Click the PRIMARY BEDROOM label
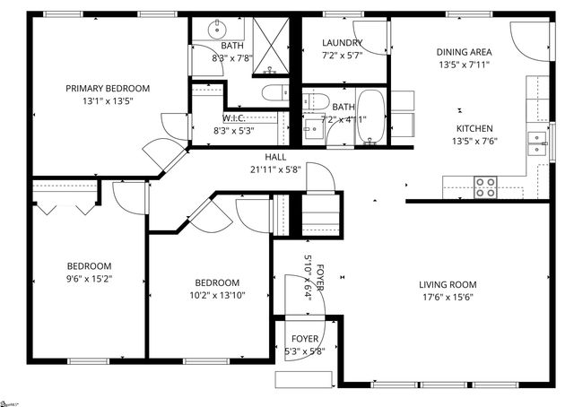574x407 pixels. pos(107,88)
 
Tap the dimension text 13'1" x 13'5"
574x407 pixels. pos(107,100)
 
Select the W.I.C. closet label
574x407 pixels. pos(235,118)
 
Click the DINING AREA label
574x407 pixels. pos(464,52)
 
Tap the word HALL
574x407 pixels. pos(275,157)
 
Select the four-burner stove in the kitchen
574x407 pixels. pos(485,187)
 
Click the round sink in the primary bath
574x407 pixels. pos(216,30)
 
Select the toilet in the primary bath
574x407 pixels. pos(272,91)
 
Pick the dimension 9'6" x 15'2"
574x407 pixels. pos(89,279)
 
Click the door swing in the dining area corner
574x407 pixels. pos(528,36)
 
